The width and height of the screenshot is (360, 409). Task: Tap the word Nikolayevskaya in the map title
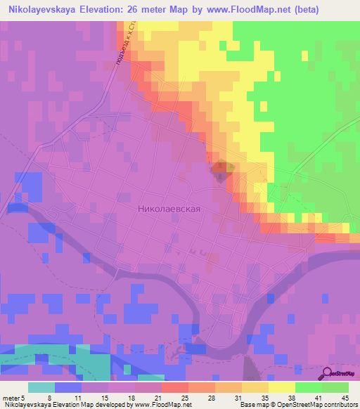[48, 10]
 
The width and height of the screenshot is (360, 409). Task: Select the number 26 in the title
[149, 10]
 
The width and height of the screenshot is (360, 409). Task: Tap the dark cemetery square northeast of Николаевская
[223, 167]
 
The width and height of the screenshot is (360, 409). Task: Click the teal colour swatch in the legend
[41, 387]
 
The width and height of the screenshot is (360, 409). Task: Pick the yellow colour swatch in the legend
[281, 387]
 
